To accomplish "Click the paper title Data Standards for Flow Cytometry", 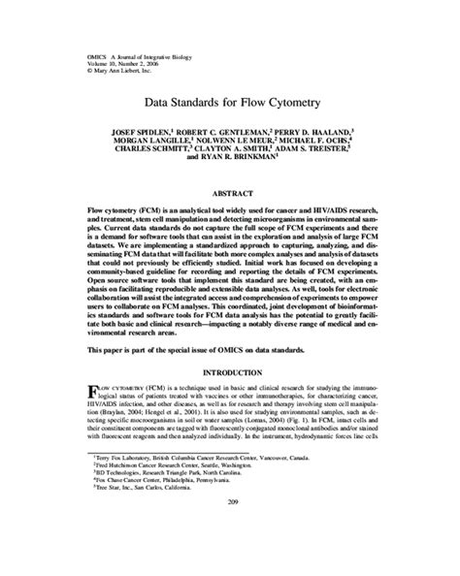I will coord(230,100).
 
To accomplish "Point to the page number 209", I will coord(230,555).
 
